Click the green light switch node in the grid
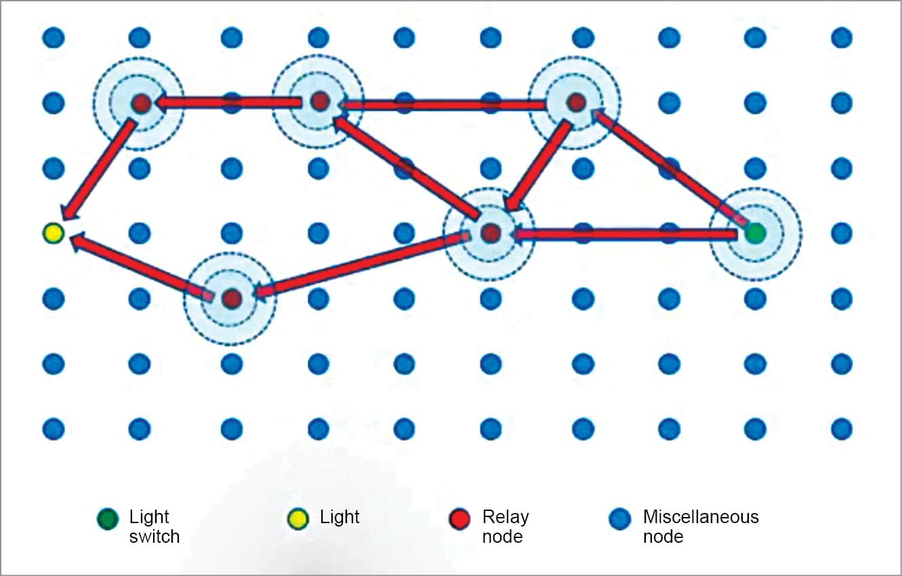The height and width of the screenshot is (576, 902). coord(755,234)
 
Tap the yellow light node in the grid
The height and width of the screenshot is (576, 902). coord(53,234)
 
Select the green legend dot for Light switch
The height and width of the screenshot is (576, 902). coord(107,519)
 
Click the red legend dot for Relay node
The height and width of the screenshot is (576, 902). coord(459,519)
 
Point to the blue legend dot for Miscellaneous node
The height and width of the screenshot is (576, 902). coord(620,519)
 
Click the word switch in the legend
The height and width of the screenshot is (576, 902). coord(154,537)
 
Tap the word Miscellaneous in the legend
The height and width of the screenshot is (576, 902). coord(701,518)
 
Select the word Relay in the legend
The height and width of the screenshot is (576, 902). coord(505,518)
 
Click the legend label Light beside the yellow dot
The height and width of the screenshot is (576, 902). coord(340,518)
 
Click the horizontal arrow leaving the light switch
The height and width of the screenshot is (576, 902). coord(623,234)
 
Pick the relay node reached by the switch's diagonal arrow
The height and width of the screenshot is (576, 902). coord(575,103)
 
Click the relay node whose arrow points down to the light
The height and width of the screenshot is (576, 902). coord(140,103)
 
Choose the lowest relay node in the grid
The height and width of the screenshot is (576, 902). coord(231,298)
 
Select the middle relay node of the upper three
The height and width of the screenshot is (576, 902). coord(319,102)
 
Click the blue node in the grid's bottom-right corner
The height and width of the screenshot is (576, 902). coord(841,428)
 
